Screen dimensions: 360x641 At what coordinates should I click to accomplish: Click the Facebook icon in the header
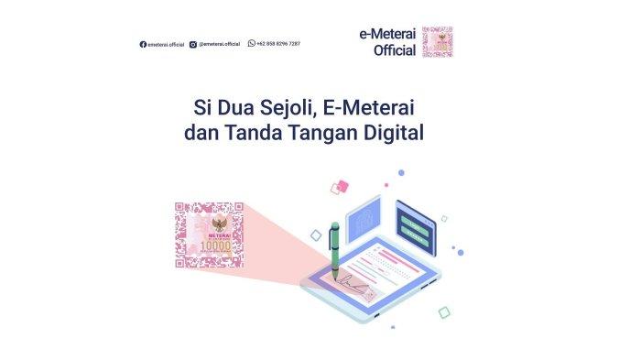pyautogui.click(x=143, y=44)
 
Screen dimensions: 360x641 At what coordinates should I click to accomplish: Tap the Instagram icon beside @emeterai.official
pyautogui.click(x=193, y=44)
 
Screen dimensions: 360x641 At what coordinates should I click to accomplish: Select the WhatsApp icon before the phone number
pyautogui.click(x=251, y=43)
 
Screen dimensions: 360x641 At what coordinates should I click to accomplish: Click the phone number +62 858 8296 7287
pyautogui.click(x=278, y=44)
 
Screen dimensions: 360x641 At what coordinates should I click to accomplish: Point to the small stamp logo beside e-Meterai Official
pyautogui.click(x=437, y=41)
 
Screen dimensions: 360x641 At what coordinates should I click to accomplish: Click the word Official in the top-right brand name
pyautogui.click(x=395, y=50)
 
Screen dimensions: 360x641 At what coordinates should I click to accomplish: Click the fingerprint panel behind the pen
pyautogui.click(x=364, y=221)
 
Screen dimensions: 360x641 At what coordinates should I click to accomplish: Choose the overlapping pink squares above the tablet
pyautogui.click(x=340, y=187)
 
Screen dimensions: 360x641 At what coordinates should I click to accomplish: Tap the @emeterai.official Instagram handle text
pyautogui.click(x=220, y=44)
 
